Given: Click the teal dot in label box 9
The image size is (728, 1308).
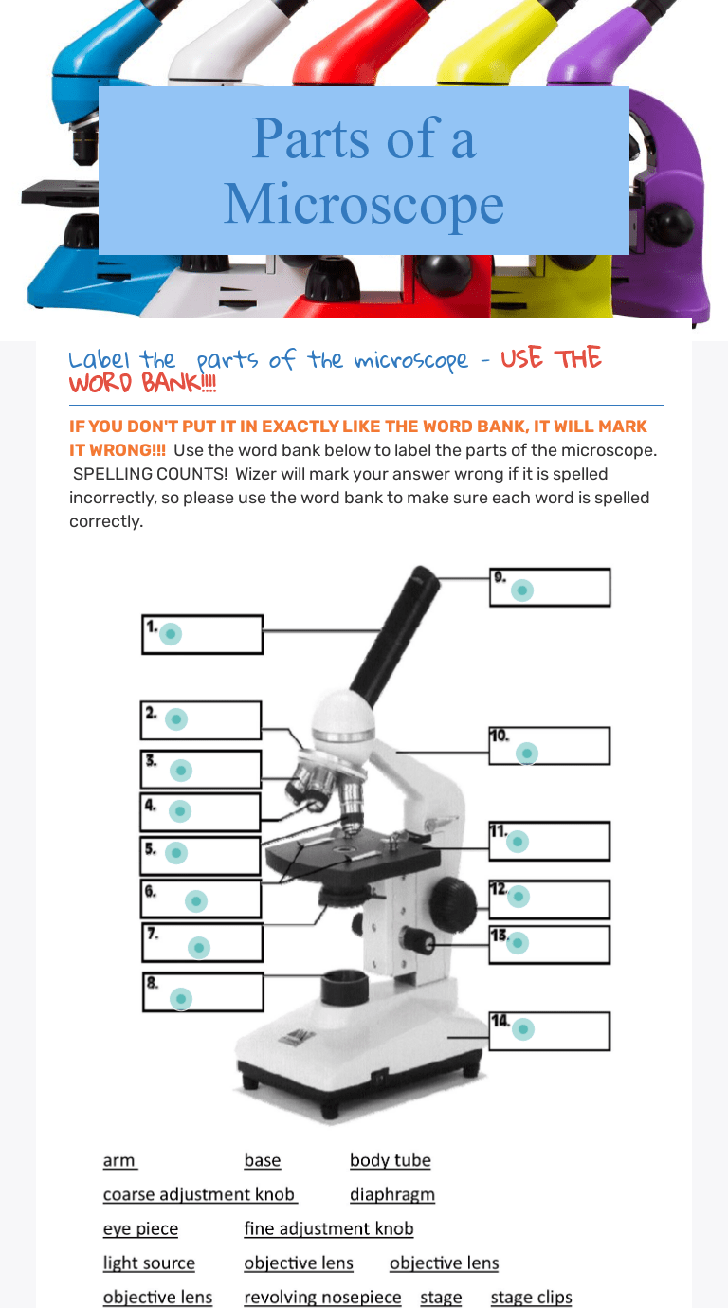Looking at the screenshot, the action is pos(522,590).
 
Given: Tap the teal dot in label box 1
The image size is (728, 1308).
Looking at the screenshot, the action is pos(171,633).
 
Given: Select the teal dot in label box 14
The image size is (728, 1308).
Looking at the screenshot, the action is pos(523,1029).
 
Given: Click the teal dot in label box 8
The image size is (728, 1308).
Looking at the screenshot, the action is pos(181,999).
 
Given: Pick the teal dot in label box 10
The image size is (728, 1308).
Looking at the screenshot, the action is pos(527,754).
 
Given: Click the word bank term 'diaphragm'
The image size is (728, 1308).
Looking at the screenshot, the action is pos(392,1195).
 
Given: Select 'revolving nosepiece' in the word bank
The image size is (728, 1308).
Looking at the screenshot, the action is pos(322,1298).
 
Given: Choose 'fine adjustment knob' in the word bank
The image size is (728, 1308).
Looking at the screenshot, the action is pos(329,1228).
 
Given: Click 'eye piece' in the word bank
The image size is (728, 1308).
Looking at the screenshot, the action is pos(140,1229).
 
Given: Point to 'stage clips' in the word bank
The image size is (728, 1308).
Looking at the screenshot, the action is pos(531,1298).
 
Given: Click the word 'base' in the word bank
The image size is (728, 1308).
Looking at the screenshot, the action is pos(263,1160).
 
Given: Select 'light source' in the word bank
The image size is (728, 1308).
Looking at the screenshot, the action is pos(149,1263).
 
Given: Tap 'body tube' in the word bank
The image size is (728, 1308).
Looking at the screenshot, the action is pos(390,1160).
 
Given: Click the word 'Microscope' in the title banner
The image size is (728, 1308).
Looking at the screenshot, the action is pos(364,204).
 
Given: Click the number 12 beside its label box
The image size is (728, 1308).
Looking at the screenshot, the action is pos(498,889).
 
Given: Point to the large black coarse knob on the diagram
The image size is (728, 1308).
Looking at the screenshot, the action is pos(453,901).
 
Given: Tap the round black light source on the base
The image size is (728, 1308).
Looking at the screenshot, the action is pos(345,988).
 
